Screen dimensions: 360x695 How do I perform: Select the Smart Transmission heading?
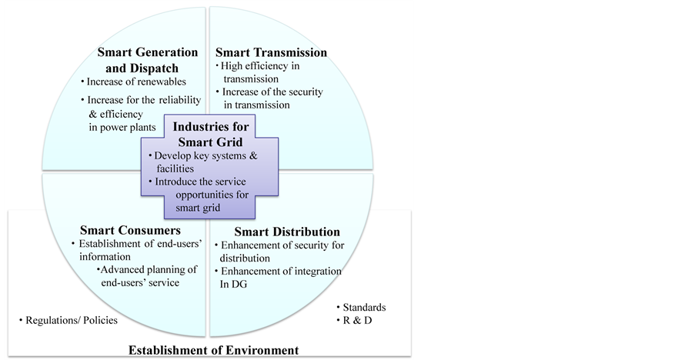[271, 52]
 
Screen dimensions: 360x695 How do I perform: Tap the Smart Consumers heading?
[130, 230]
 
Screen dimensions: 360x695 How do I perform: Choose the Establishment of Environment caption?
[212, 351]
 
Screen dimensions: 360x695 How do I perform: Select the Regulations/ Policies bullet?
[69, 320]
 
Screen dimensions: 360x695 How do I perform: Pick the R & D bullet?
[358, 319]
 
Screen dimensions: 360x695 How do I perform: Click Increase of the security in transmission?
[269, 98]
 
